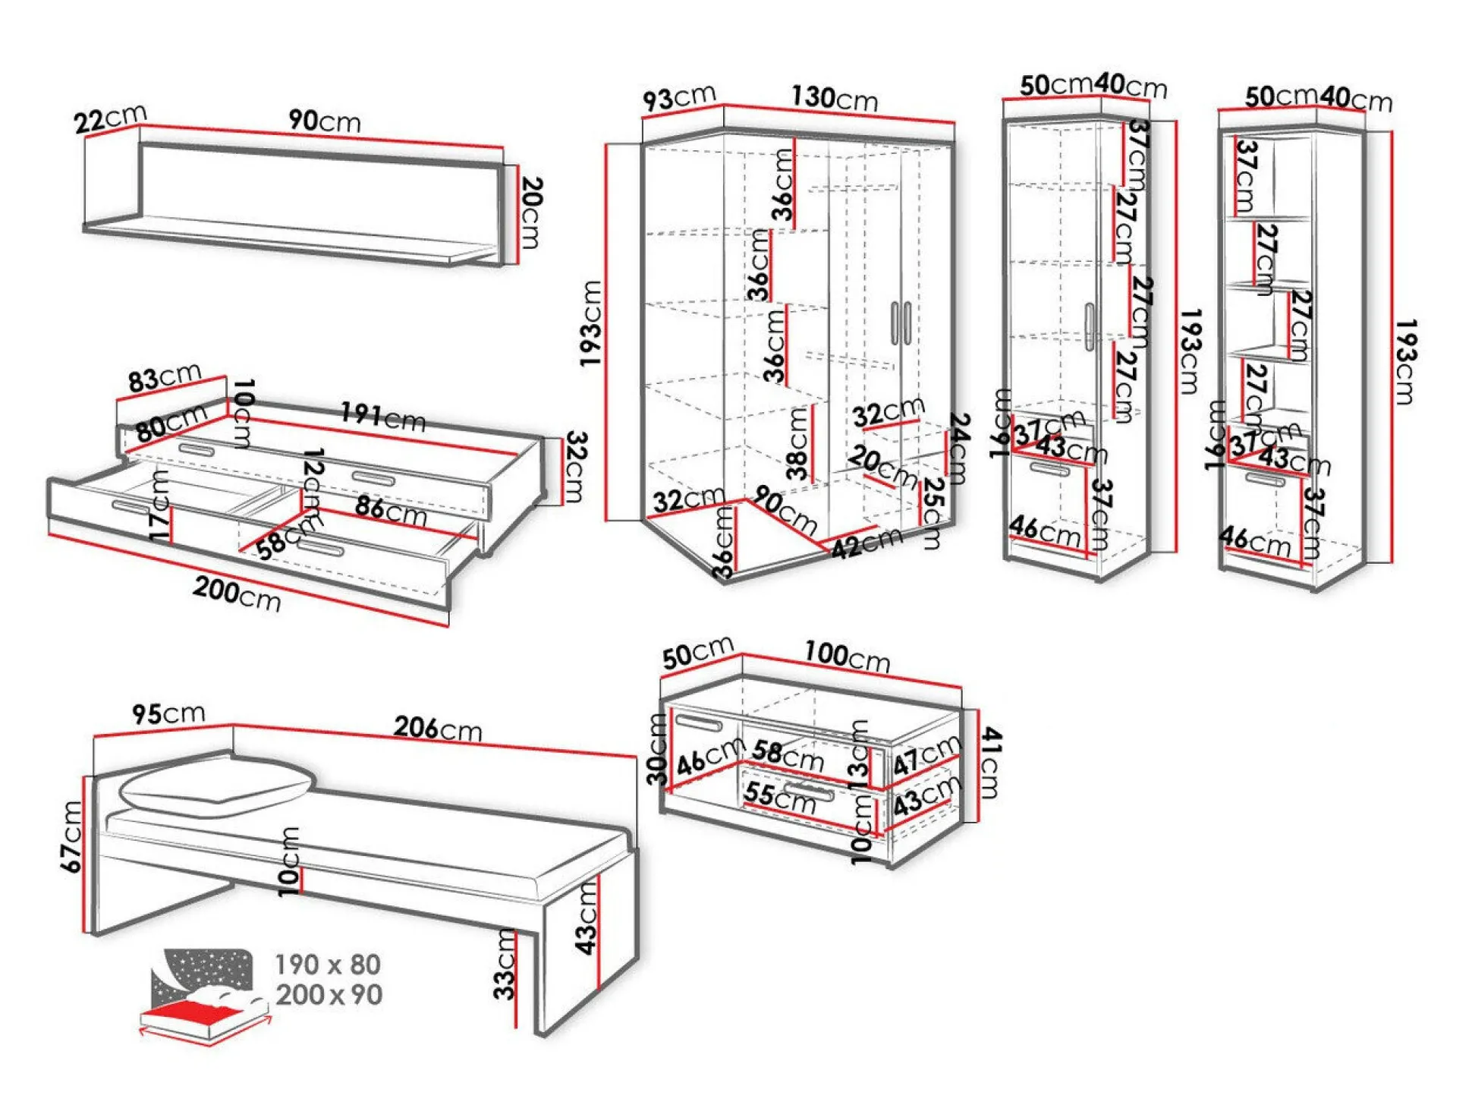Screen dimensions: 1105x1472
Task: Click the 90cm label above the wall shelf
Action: tap(324, 121)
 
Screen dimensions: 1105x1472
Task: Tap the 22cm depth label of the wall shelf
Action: tap(110, 118)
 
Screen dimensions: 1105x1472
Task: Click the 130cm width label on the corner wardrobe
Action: tap(835, 98)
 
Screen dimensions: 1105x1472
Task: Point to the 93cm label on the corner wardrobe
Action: tap(679, 98)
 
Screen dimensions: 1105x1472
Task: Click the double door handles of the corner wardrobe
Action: tap(901, 323)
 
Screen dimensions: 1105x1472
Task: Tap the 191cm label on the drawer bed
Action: tap(383, 416)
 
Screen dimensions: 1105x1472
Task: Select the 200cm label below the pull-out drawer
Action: tap(237, 593)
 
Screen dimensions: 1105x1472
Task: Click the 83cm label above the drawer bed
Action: tap(165, 377)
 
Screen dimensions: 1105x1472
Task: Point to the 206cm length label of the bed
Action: tap(438, 728)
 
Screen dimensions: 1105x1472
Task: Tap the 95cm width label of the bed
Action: tap(168, 713)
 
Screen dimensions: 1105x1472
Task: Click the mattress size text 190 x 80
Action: tap(328, 965)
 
